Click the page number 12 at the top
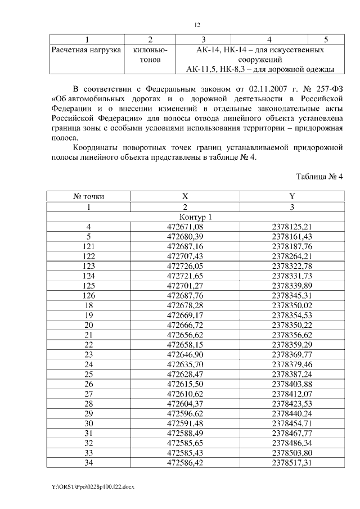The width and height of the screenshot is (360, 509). pyautogui.click(x=197, y=25)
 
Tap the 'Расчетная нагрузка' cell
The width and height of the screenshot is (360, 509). pyautogui.click(x=86, y=50)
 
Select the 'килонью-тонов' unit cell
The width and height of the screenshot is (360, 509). pyautogui.click(x=150, y=55)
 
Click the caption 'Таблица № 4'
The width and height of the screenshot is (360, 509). pyautogui.click(x=319, y=176)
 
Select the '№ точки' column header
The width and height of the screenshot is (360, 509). pyautogui.click(x=88, y=196)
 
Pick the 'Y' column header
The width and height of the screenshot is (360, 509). pyautogui.click(x=291, y=196)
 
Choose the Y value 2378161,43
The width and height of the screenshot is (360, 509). pyautogui.click(x=291, y=237)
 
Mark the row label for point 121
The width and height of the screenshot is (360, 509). pyautogui.click(x=88, y=246)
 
